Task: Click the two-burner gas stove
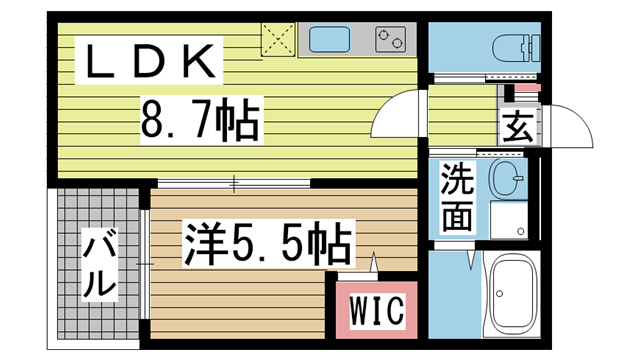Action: tap(391, 40)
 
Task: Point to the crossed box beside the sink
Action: tap(279, 41)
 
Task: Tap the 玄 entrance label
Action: tap(516, 127)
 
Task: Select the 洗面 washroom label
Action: tap(456, 197)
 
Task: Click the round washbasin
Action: tap(505, 180)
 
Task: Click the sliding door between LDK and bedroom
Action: tap(234, 183)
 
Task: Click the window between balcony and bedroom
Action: tap(146, 262)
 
